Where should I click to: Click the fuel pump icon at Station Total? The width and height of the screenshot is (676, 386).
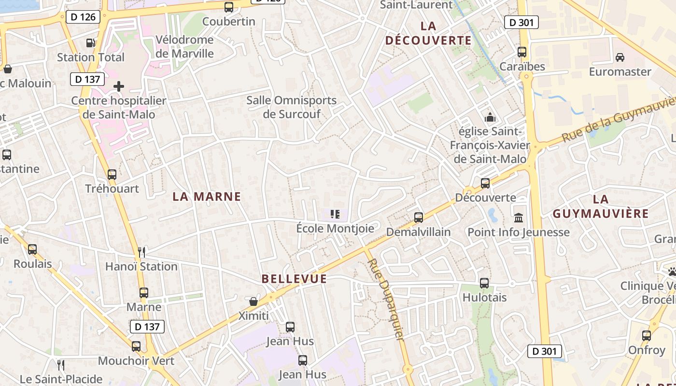[90, 43]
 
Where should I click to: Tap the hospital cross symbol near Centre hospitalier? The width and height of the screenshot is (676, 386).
[119, 87]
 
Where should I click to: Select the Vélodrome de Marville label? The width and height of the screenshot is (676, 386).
[184, 46]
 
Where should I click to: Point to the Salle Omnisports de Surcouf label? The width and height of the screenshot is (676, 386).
[291, 107]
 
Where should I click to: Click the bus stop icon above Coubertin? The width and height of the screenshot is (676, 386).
[229, 7]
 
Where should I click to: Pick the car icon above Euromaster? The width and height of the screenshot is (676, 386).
[620, 57]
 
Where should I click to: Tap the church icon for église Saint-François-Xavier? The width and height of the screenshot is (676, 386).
[490, 117]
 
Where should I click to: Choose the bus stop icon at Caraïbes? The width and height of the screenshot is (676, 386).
[522, 52]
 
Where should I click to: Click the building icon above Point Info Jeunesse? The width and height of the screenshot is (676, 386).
[519, 218]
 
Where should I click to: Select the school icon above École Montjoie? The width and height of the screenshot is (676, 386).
[335, 214]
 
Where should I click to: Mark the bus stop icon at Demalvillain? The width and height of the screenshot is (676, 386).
[419, 218]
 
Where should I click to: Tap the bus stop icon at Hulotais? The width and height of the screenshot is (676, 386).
[484, 283]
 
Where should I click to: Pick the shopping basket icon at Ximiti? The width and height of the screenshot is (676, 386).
[253, 302]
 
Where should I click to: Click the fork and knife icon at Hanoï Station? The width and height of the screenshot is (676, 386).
[141, 252]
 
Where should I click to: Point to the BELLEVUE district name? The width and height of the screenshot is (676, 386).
[294, 279]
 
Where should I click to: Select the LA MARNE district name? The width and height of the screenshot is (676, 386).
[207, 196]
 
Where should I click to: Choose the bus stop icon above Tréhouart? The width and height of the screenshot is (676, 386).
[112, 174]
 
